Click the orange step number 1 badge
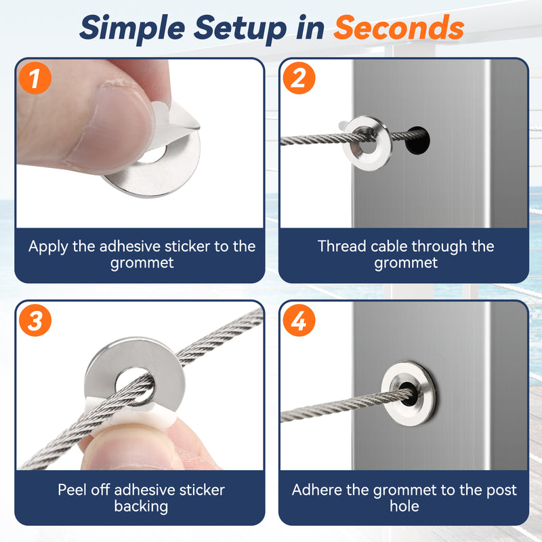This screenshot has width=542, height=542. pyautogui.click(x=35, y=78)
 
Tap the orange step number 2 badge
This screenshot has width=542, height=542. pyautogui.click(x=299, y=78)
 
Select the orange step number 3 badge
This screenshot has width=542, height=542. pyautogui.click(x=35, y=320)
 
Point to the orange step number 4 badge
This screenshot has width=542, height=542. pyautogui.click(x=299, y=320)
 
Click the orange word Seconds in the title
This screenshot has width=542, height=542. pyautogui.click(x=398, y=28)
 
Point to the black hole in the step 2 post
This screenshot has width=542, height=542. pyautogui.click(x=417, y=140)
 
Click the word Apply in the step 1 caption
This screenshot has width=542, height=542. pyautogui.click(x=48, y=247)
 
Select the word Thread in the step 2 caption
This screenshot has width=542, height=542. pyautogui.click(x=341, y=247)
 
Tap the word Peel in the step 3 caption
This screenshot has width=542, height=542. pyautogui.click(x=72, y=490)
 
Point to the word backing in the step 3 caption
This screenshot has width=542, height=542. pyautogui.click(x=141, y=507)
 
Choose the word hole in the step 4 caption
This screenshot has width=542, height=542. pyautogui.click(x=404, y=506)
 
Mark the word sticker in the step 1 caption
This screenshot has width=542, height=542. pyautogui.click(x=188, y=247)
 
